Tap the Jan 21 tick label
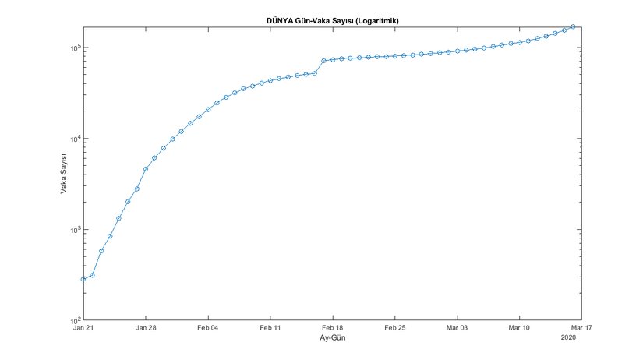(83, 329)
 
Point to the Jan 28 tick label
(146, 329)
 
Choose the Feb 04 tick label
(208, 329)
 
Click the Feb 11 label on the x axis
(270, 329)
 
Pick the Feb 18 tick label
(333, 329)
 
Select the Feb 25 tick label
(395, 329)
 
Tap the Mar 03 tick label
(458, 329)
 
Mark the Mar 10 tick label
(520, 329)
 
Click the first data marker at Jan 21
(83, 279)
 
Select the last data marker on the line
(573, 26)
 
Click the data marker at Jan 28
(146, 169)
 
